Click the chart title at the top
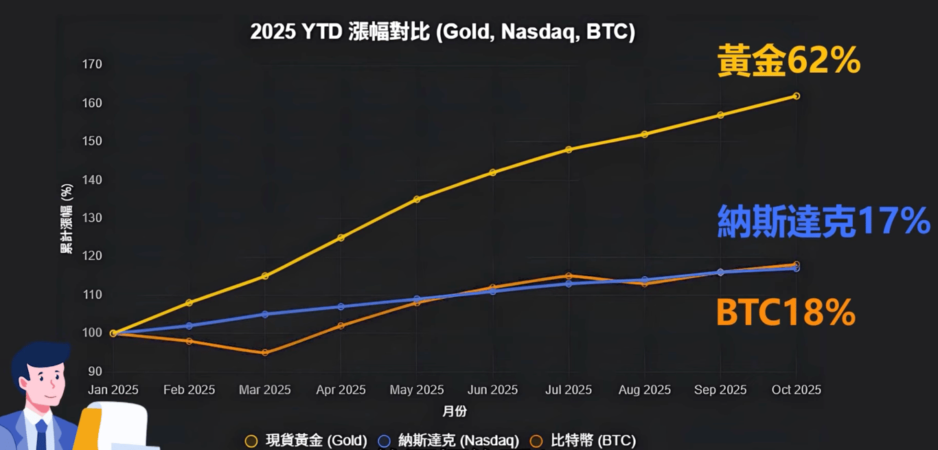pos(442,32)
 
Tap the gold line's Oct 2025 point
pos(796,96)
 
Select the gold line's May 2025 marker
pos(417,199)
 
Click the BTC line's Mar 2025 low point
pos(265,352)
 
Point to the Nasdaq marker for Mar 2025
pos(265,314)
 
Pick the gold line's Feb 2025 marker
pos(190,302)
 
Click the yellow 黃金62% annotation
pos(789,61)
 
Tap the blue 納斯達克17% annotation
pos(823,221)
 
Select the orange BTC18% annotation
pos(786,313)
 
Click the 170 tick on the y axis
pos(91,65)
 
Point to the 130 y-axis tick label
pos(91,218)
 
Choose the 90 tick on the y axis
pos(94,372)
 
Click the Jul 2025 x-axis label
pos(568,390)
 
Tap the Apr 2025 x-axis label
pos(341,390)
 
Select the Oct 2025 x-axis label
pos(796,390)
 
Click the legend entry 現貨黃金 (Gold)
pos(307,440)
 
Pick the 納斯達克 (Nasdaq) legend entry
pos(449,440)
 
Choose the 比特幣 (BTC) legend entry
pos(584,440)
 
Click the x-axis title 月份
pos(455,412)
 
